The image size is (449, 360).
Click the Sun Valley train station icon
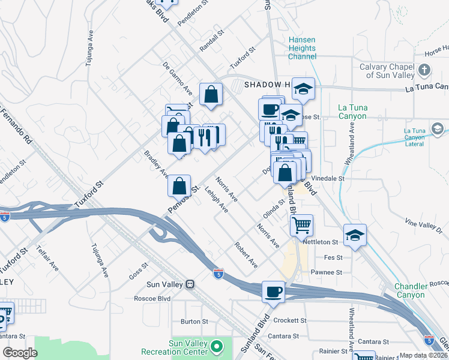pos(190,283)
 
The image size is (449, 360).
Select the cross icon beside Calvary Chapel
pos(424,70)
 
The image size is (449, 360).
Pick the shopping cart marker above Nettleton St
pos(301,226)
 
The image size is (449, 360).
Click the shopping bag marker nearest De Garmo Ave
pos(211,94)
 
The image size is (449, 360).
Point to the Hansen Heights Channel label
pos(302,49)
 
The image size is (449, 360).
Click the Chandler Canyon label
pos(410,290)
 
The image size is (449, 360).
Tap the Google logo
pos(20,352)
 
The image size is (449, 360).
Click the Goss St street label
pos(139,266)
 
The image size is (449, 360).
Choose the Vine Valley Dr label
pos(423,226)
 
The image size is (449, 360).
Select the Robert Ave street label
pos(246,255)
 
